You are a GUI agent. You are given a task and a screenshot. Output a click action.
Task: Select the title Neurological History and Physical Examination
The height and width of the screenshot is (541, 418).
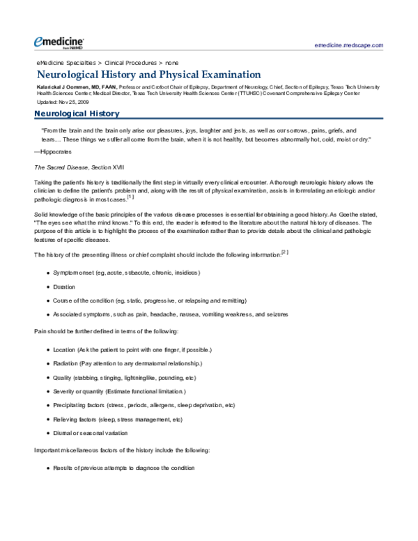pos(148,74)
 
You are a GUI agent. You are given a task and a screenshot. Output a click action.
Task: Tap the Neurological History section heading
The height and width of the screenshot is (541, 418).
pos(77,114)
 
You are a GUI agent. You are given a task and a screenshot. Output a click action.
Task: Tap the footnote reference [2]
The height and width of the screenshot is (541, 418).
pos(284,252)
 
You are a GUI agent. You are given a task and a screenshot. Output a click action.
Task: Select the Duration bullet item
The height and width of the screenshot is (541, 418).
pos(65,287)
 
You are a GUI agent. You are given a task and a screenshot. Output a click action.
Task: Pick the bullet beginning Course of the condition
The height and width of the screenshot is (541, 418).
pos(149,300)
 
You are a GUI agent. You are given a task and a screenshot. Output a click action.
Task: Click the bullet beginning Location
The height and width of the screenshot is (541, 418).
pos(132,349)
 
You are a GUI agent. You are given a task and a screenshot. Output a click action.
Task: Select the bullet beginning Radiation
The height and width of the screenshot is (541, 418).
pos(127,363)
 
